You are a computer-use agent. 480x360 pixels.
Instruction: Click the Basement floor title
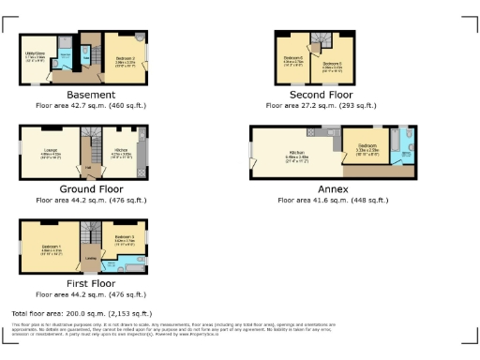[x=91, y=95]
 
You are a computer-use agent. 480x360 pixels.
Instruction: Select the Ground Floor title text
[x=91, y=187]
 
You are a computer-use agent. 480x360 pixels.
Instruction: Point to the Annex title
[x=326, y=187]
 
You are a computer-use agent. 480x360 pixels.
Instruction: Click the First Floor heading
[x=91, y=282]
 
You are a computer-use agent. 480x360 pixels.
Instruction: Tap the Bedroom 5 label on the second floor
[x=333, y=63]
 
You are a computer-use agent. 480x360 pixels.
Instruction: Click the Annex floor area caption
[x=326, y=199]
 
